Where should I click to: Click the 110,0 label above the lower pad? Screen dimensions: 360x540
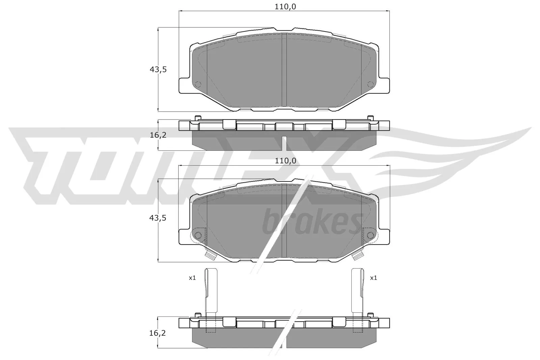tap(286, 161)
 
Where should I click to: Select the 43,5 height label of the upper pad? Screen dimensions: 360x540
tap(158, 70)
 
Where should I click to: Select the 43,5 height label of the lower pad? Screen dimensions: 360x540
tap(158, 218)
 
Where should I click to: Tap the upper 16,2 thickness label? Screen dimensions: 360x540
tap(158, 135)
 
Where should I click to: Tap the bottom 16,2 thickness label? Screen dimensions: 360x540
tap(158, 333)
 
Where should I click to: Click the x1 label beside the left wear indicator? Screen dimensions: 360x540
tap(192, 278)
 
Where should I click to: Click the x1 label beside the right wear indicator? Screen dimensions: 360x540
tap(373, 278)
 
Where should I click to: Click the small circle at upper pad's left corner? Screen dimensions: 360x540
tap(198, 84)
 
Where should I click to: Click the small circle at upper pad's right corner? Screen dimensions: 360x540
tap(370, 84)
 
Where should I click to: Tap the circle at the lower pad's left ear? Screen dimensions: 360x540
tap(198, 234)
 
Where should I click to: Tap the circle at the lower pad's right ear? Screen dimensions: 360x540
tap(370, 234)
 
